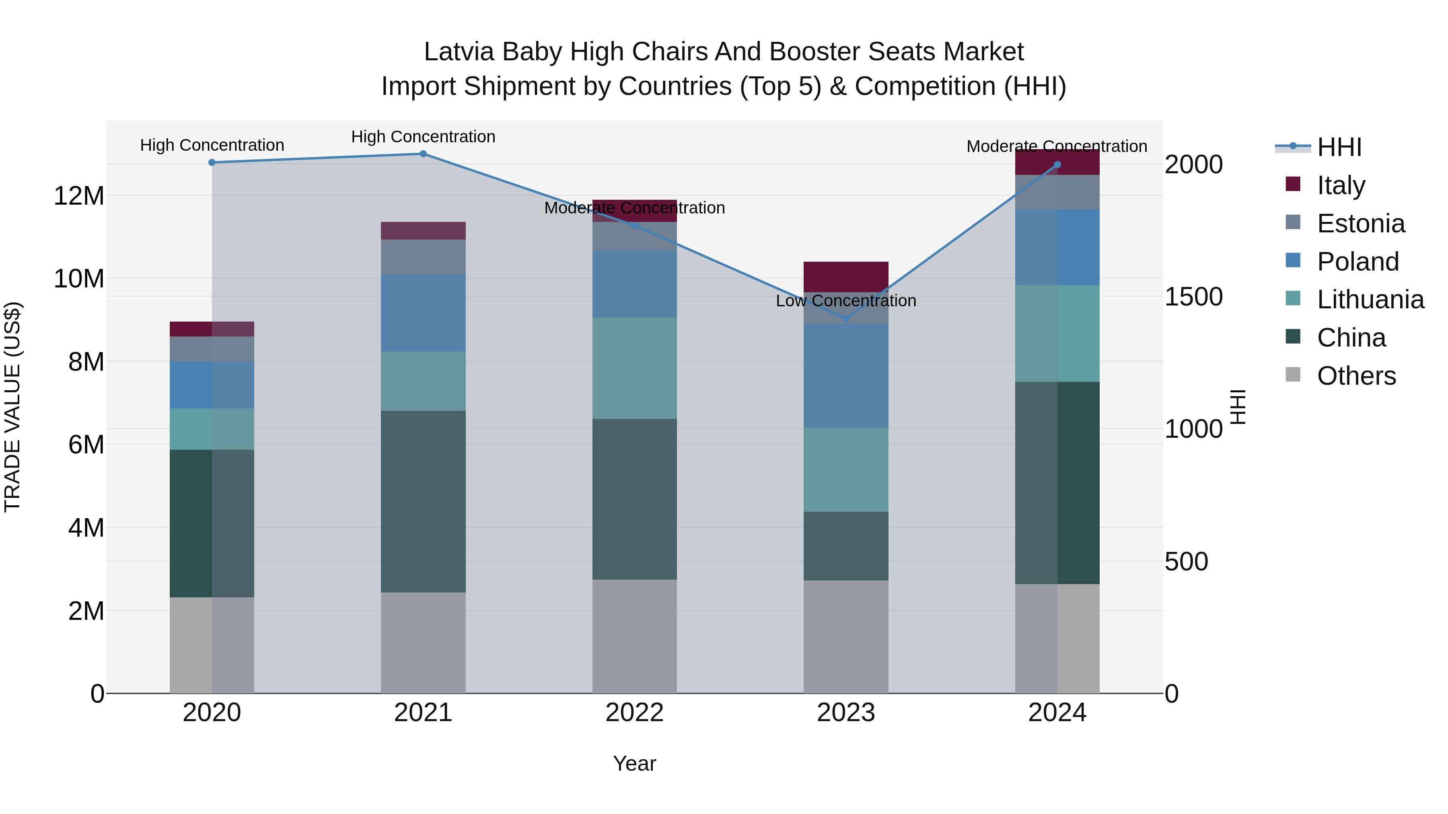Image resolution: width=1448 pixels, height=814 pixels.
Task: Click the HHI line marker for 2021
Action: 423,154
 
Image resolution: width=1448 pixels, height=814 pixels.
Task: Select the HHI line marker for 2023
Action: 846,318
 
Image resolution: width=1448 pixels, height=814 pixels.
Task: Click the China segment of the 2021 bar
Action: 423,501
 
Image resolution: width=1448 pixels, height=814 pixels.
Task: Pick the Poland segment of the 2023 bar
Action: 846,375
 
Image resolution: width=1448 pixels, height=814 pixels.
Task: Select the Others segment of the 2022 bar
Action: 635,636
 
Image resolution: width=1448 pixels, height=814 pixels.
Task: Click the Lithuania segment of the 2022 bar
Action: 635,368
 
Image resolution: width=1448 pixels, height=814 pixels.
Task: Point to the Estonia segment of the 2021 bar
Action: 423,257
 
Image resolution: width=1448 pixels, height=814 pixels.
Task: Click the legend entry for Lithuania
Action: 1370,300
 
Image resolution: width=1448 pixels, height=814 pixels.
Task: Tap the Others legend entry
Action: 1356,376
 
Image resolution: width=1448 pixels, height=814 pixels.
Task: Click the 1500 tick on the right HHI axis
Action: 1193,297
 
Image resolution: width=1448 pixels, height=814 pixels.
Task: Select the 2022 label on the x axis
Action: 635,713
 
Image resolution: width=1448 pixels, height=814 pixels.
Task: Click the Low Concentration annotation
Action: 846,301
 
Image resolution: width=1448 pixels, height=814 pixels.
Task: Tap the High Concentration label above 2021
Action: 423,137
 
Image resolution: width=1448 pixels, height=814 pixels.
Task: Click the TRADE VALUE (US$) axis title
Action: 12,407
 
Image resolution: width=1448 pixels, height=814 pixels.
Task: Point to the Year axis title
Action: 635,763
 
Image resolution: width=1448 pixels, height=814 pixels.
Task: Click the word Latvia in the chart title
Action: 459,52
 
